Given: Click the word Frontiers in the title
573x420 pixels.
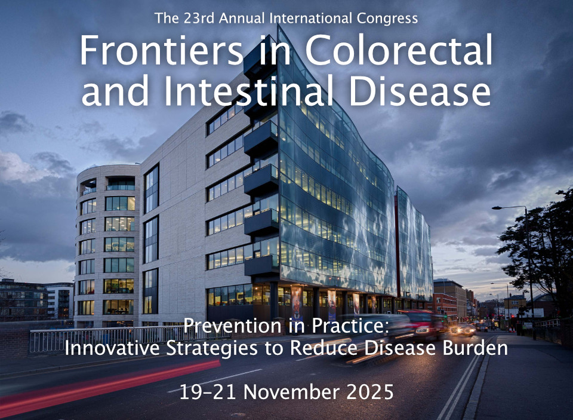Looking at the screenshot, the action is tap(161, 50).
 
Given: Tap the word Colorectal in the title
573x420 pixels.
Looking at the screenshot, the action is tap(399, 50).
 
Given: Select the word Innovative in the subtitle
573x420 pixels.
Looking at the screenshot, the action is tap(112, 348).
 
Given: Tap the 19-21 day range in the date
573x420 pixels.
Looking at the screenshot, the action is tap(209, 392).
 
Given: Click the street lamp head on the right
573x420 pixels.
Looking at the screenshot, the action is tap(497, 208).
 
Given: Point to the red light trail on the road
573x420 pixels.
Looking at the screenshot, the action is tap(110, 384).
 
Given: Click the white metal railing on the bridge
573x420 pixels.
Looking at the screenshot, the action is tap(124, 338).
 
